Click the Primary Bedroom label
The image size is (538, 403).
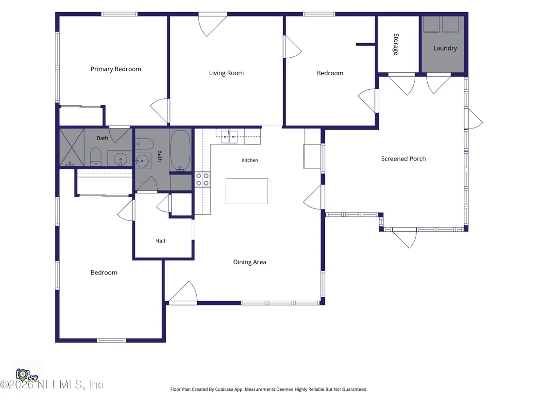[x=116, y=69]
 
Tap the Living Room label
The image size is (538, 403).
[x=226, y=73]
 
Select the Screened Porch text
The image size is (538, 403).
[x=403, y=159]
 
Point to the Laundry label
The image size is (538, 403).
[x=445, y=48]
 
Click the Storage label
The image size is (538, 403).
[x=396, y=44]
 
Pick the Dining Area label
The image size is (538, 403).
[x=250, y=262]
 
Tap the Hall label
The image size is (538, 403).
[x=160, y=241]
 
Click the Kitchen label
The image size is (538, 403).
[x=250, y=160]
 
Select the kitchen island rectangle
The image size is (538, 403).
[x=247, y=191]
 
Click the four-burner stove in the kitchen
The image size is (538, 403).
[x=202, y=179]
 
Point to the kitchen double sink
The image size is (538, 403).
[x=229, y=137]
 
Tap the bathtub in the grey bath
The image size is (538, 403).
[x=181, y=150]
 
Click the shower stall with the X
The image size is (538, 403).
[x=72, y=147]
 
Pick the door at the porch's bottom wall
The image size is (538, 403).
[x=404, y=238]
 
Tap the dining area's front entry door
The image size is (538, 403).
[x=183, y=292]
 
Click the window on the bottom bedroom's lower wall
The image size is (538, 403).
[x=112, y=340]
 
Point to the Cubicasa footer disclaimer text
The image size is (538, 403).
[x=269, y=389]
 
